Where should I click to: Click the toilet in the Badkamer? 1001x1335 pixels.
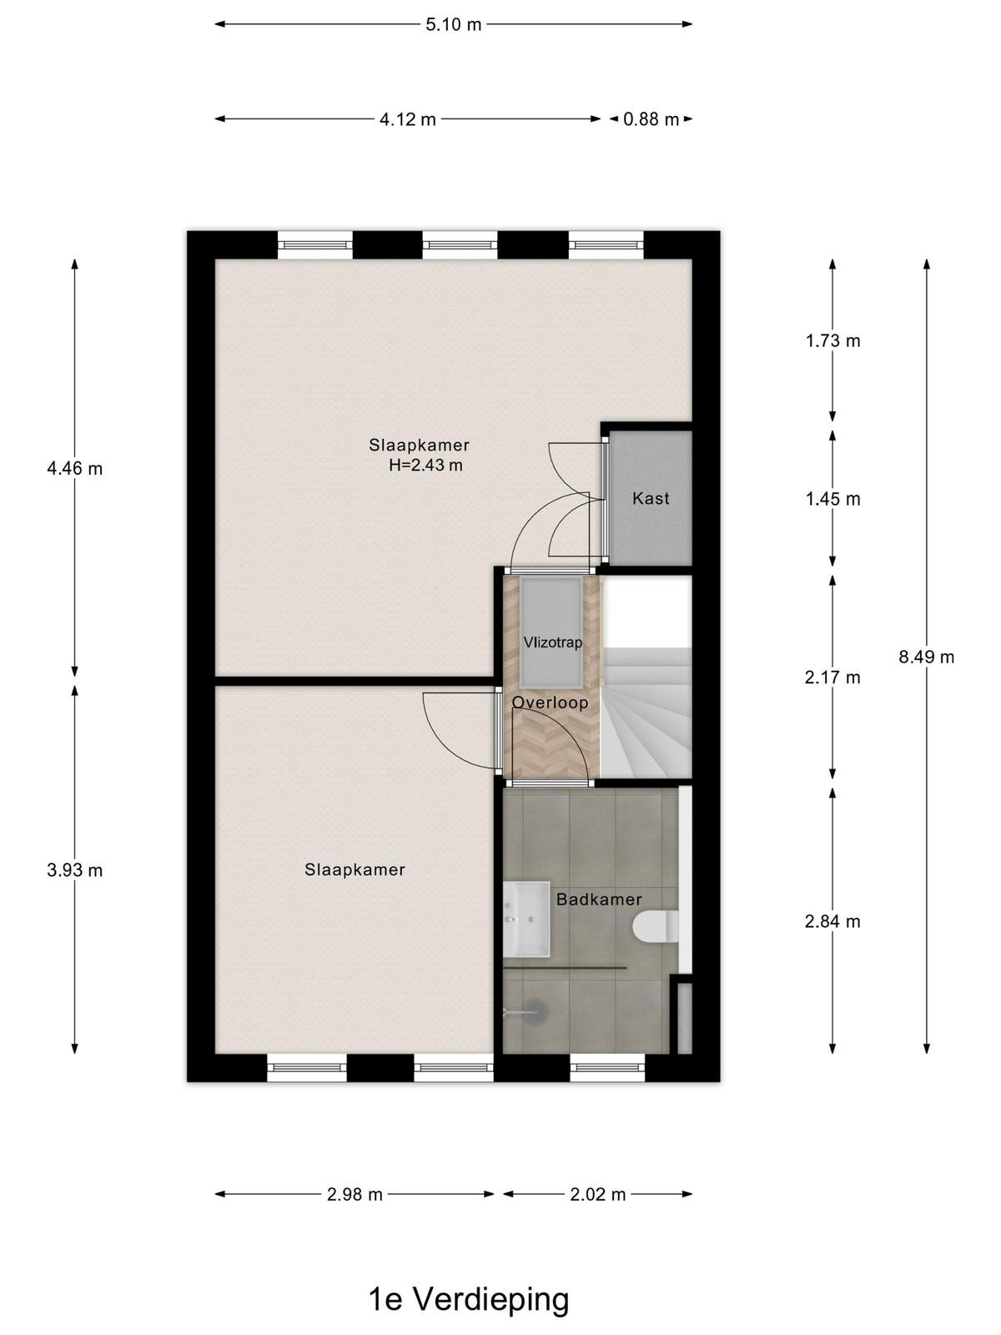tap(656, 929)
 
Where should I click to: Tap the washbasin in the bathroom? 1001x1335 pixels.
tap(527, 919)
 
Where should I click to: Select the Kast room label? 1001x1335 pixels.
tap(651, 499)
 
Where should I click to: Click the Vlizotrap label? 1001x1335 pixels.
tap(552, 642)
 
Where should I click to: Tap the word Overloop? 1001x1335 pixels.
tap(550, 703)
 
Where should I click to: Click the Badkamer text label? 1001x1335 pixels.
tap(599, 899)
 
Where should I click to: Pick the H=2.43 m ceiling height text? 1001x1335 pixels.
tap(425, 466)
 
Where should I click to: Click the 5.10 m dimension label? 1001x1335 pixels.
tap(454, 25)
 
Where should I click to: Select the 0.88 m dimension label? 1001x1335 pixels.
tap(651, 119)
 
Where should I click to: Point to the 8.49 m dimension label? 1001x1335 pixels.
tap(926, 657)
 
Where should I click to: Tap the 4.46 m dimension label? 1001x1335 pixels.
tap(75, 469)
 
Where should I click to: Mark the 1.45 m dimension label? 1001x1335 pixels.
tap(832, 499)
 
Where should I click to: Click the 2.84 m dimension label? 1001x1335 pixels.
tap(832, 922)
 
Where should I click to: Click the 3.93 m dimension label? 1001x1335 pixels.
tap(75, 871)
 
